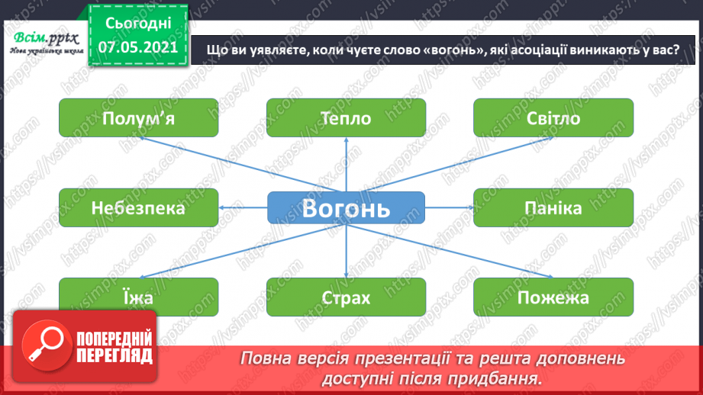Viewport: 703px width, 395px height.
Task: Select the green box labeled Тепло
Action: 346,118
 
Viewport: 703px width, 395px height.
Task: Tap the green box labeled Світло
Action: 553,118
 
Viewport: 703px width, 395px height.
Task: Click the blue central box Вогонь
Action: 346,208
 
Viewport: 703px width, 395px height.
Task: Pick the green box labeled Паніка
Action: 553,208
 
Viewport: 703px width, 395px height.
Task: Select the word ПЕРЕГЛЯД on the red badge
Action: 114,355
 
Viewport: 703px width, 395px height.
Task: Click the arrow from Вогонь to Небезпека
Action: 243,207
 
